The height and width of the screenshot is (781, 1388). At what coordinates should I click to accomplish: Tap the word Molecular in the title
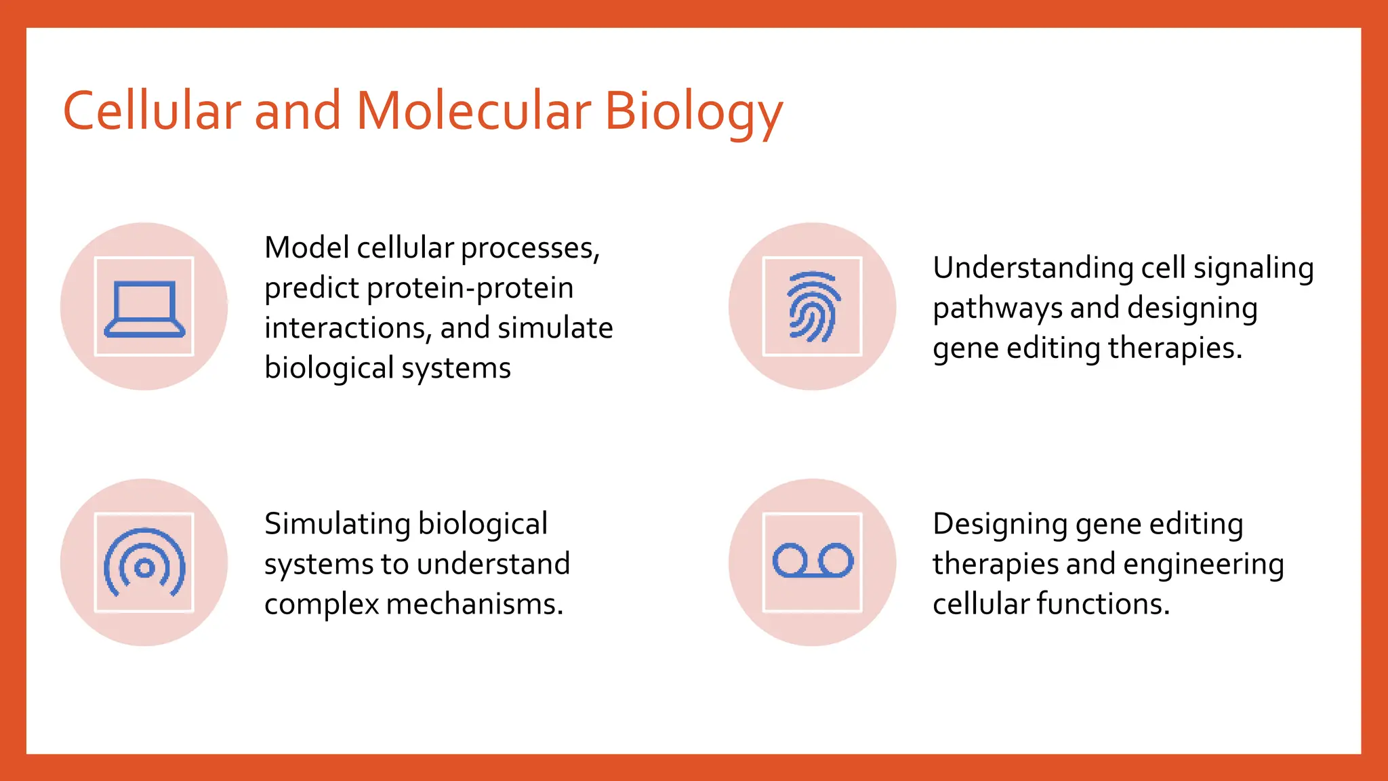click(473, 111)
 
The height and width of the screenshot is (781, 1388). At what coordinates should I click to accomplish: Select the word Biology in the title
click(693, 112)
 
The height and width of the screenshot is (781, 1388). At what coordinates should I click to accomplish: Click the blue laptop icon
click(144, 308)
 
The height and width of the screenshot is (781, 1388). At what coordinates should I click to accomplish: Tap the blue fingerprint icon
click(813, 306)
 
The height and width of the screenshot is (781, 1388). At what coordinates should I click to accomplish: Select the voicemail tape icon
click(813, 561)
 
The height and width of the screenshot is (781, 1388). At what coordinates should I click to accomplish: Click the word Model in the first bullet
click(306, 247)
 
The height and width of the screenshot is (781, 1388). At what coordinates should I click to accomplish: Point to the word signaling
click(1253, 268)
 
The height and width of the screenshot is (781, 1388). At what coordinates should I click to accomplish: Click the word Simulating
click(337, 524)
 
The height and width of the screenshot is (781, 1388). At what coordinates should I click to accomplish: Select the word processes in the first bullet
click(530, 249)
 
